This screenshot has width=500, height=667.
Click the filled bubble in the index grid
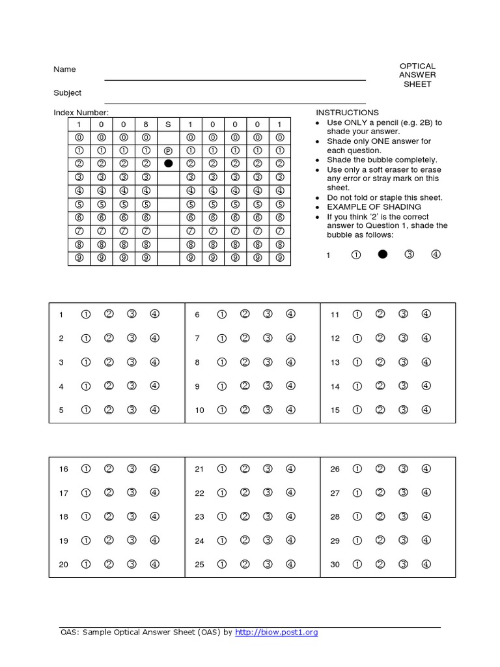click(x=168, y=163)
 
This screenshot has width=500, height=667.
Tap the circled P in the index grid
click(x=168, y=150)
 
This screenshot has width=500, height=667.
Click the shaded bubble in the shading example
click(x=383, y=255)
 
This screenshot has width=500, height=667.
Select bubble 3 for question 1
click(x=132, y=314)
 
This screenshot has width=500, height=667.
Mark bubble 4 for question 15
click(x=426, y=410)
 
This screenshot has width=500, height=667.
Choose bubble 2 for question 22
click(x=245, y=492)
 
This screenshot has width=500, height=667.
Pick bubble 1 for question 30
click(x=357, y=564)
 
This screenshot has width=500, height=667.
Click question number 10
click(x=199, y=410)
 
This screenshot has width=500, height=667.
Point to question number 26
click(x=335, y=469)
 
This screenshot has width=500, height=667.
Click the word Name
click(x=64, y=69)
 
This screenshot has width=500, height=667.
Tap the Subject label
click(x=67, y=93)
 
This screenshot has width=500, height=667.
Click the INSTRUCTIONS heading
click(x=347, y=113)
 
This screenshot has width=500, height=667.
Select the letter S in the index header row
click(x=168, y=124)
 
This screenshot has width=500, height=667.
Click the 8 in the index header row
click(x=146, y=124)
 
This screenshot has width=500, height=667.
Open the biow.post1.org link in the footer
click(x=276, y=632)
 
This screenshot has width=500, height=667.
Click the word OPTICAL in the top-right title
click(x=417, y=66)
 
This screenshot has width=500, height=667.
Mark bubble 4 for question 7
click(x=290, y=338)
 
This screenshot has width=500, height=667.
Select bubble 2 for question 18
click(x=109, y=517)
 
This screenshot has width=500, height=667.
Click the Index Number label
click(x=81, y=113)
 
